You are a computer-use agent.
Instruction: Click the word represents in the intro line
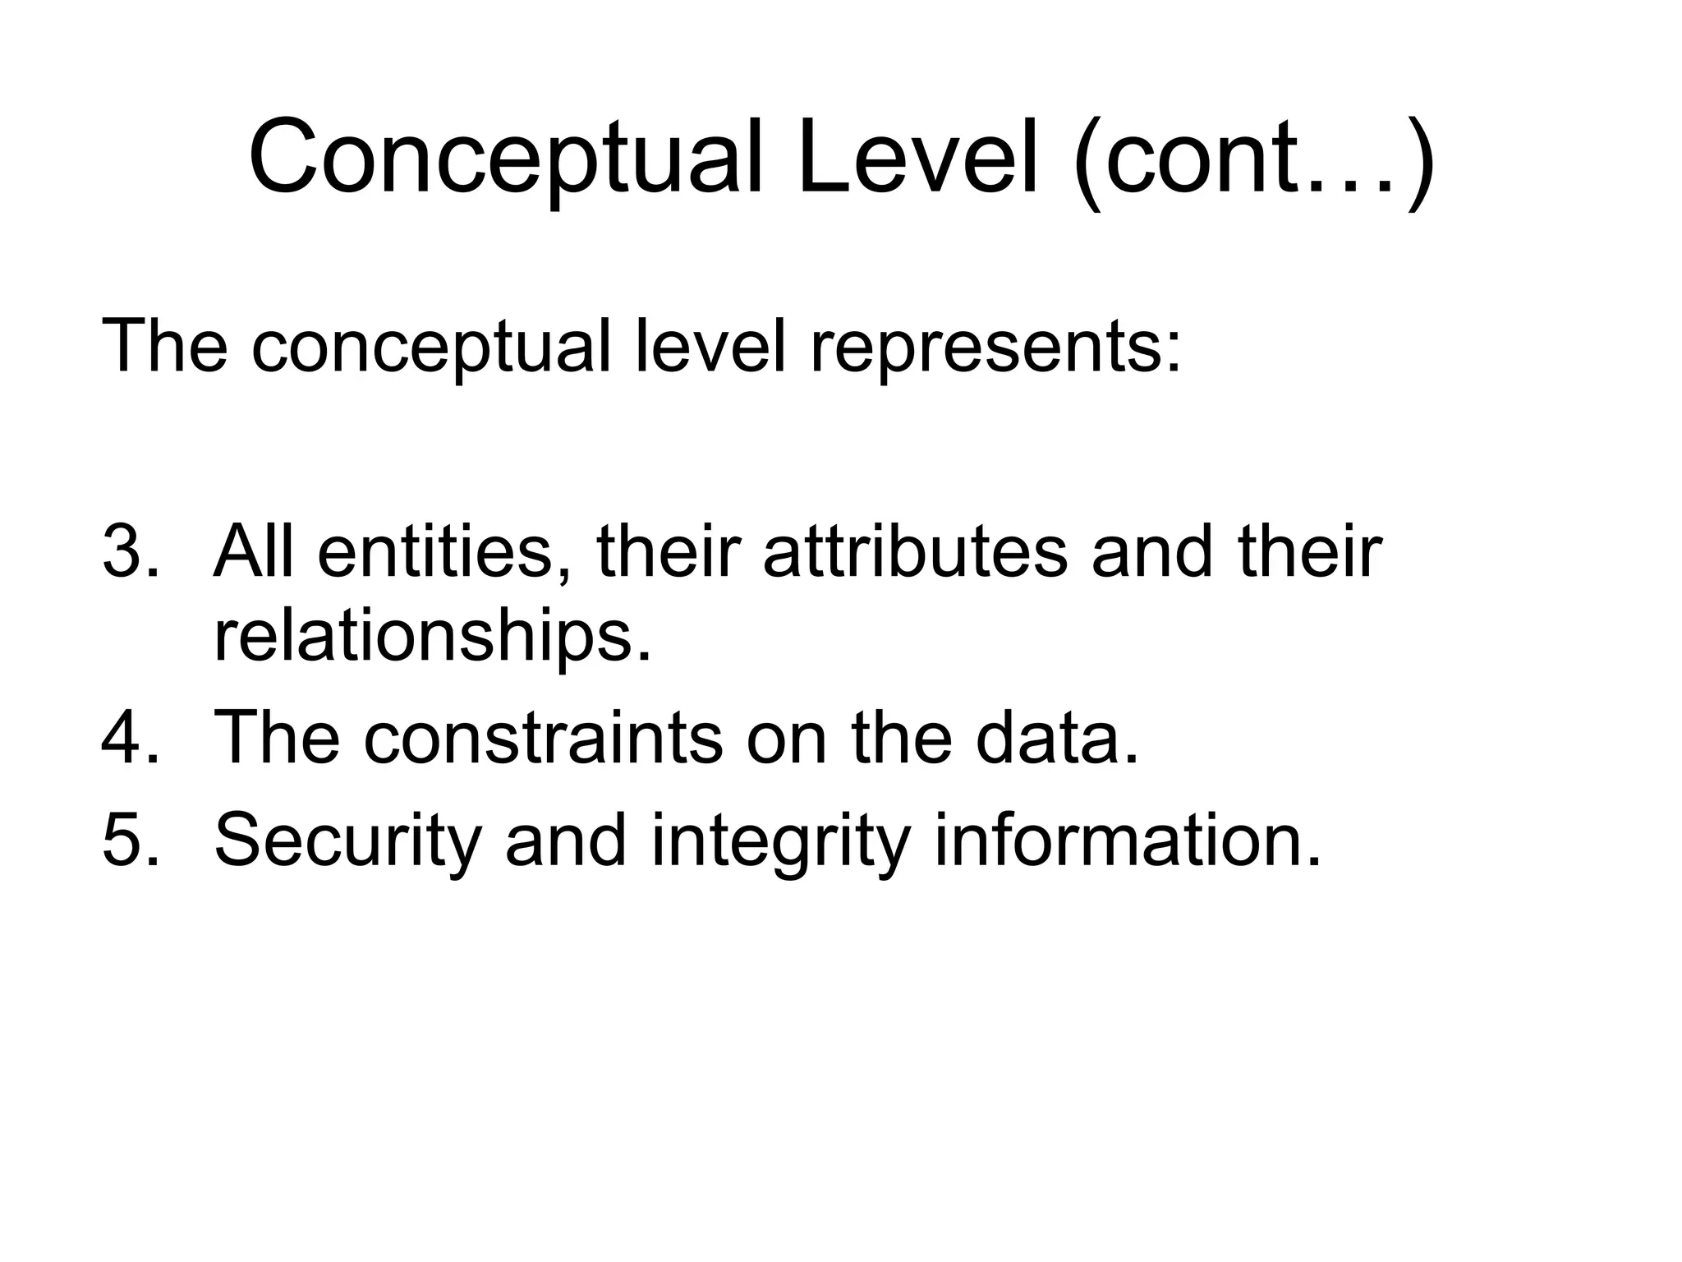995,347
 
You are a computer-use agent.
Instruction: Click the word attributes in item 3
916,552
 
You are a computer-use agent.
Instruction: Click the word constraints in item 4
543,737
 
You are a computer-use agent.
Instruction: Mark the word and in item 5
566,839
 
